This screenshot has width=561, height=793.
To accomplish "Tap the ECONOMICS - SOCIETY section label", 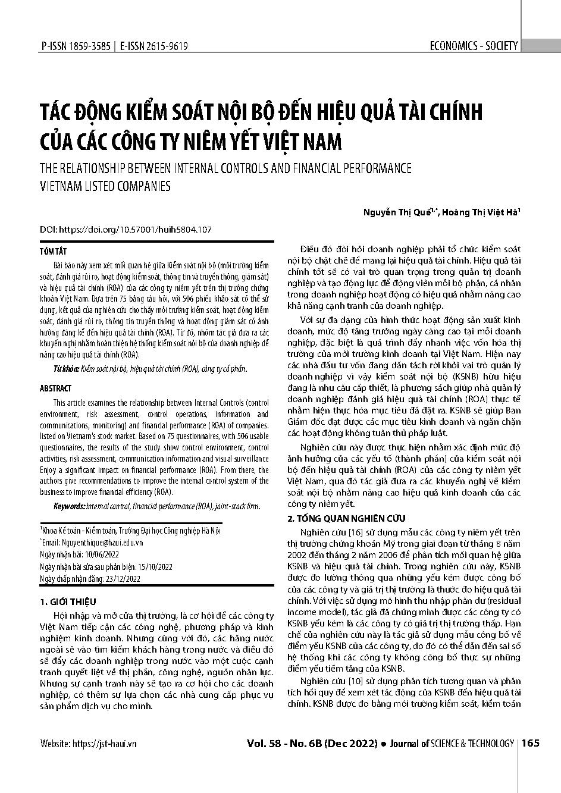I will click(473, 46).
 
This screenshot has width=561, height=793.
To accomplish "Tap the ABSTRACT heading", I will click(55, 388).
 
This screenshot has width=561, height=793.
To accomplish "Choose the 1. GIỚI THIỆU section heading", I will click(67, 602).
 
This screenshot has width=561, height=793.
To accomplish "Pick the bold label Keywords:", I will click(69, 506).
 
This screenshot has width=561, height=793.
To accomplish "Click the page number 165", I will click(530, 743).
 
